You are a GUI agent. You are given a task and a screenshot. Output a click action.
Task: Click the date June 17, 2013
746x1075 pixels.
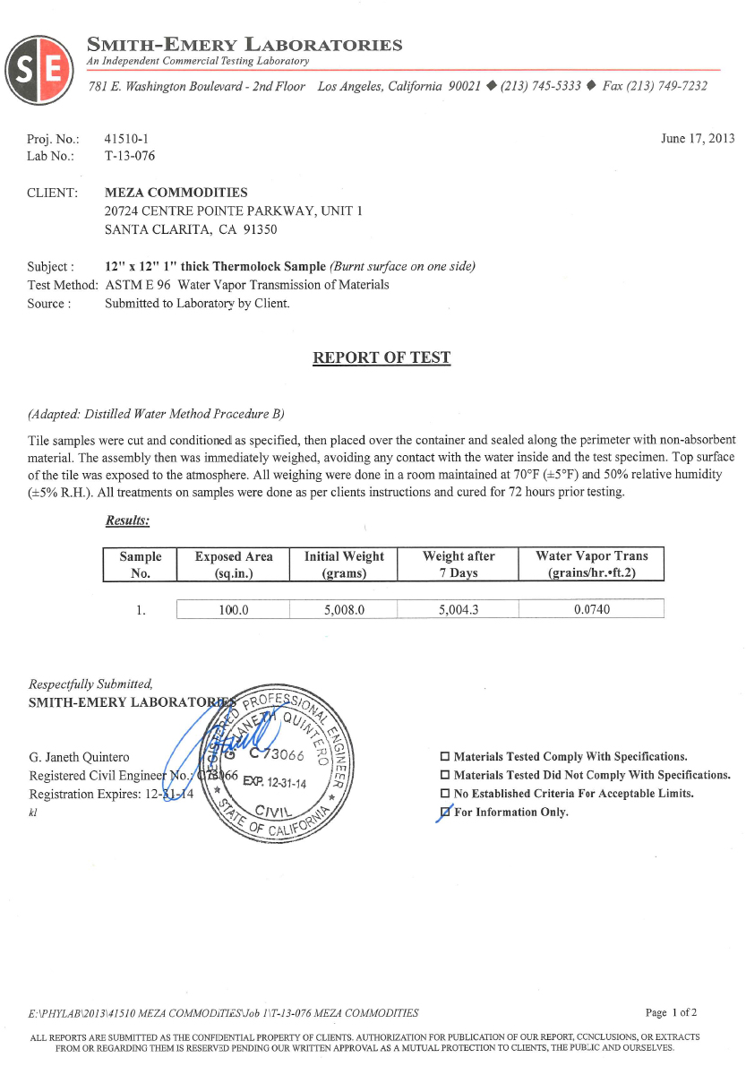(697, 138)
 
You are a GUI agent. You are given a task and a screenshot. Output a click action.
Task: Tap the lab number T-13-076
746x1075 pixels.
(129, 156)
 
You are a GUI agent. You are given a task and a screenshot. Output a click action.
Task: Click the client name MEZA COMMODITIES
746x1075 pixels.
(176, 193)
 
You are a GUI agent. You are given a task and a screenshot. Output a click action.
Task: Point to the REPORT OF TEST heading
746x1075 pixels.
(381, 358)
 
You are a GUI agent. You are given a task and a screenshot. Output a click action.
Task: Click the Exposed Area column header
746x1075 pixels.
(234, 564)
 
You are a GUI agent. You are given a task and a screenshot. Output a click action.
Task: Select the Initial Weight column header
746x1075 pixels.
(344, 564)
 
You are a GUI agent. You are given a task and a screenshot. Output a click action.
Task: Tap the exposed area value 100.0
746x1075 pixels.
(233, 610)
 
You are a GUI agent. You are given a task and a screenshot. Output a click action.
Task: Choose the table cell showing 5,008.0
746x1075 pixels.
(344, 610)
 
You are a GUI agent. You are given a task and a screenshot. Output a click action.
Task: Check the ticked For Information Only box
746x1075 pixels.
(444, 813)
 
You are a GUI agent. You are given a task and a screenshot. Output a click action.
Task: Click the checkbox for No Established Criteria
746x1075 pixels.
(444, 794)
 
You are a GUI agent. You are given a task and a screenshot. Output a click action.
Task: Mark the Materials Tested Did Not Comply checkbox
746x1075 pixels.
(444, 775)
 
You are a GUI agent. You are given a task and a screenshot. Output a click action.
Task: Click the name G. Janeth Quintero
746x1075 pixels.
(81, 757)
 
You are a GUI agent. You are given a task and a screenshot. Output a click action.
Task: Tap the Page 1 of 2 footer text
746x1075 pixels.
(671, 1013)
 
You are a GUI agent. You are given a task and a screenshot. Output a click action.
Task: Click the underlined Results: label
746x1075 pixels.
(127, 520)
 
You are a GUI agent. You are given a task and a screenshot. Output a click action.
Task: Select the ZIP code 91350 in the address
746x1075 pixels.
(261, 229)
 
